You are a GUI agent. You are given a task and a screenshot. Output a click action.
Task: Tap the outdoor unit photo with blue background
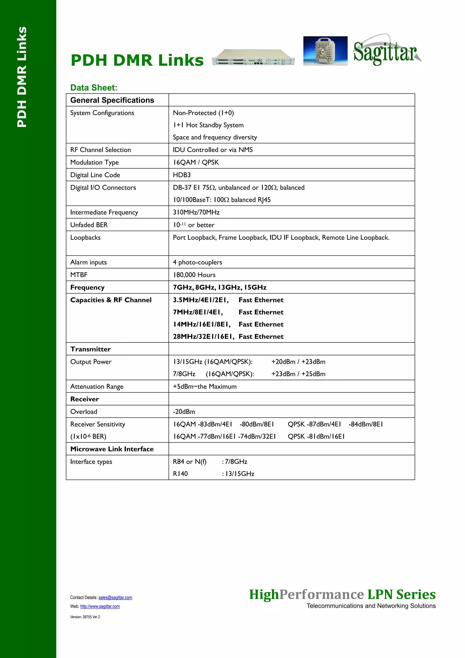(x=325, y=51)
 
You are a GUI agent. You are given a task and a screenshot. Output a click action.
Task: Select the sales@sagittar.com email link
(x=115, y=597)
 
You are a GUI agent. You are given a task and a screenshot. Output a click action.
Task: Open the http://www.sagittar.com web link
(x=100, y=606)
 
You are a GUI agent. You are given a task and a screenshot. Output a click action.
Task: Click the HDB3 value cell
(x=182, y=175)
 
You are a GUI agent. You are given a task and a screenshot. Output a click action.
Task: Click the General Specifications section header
(x=112, y=100)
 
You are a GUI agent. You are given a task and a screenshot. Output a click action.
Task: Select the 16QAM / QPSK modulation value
(x=196, y=162)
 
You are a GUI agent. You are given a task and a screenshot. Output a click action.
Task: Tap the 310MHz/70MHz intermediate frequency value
(x=196, y=212)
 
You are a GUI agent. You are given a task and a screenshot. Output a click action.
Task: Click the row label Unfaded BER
(x=89, y=225)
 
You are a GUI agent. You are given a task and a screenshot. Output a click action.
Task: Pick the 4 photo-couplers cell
(x=197, y=262)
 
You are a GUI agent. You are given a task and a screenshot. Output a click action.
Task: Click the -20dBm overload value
(x=184, y=412)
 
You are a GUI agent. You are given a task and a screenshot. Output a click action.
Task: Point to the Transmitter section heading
(x=91, y=349)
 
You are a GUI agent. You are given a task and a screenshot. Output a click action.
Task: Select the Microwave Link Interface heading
(x=112, y=449)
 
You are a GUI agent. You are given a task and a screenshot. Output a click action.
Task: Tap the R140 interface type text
(x=180, y=474)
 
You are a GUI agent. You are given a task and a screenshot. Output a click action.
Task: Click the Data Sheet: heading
(x=94, y=87)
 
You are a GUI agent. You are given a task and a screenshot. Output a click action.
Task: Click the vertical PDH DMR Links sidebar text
(x=22, y=77)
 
